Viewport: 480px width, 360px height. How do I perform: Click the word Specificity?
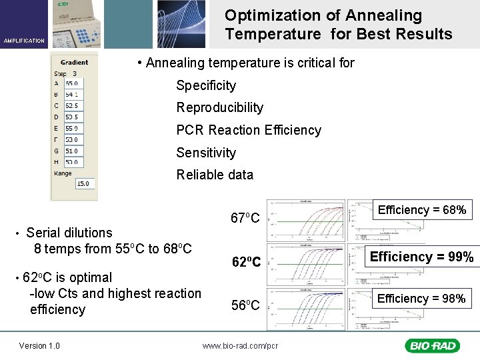point(206,85)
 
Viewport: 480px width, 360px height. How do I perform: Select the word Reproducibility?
point(219,107)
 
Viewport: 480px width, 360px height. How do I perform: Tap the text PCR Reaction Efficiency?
point(248,130)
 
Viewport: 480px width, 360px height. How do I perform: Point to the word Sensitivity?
point(206,153)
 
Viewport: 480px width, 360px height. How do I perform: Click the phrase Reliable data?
point(215,175)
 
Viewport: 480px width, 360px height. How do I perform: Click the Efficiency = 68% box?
point(421,210)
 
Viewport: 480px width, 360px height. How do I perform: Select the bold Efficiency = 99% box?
point(421,257)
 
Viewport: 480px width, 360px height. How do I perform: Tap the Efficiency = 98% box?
point(421,299)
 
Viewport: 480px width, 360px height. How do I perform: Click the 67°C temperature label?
point(245,218)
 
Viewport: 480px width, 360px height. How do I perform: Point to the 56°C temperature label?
point(245,305)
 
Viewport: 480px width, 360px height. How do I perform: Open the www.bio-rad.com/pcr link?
point(240,345)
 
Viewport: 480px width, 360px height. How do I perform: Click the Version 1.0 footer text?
point(39,345)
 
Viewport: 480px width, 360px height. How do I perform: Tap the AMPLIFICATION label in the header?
point(24,41)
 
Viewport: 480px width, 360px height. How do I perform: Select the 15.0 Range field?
point(84,183)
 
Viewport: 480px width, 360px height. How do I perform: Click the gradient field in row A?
point(72,83)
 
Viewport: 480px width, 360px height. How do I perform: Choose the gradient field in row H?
point(72,162)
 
